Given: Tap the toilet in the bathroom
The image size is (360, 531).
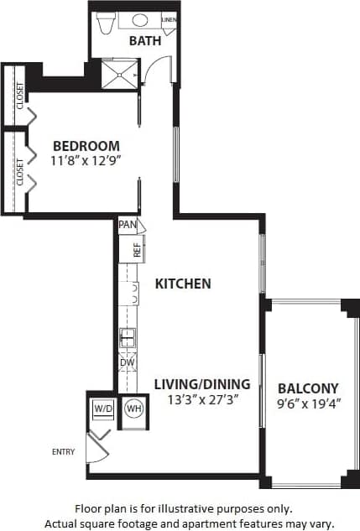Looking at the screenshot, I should [x=106, y=23].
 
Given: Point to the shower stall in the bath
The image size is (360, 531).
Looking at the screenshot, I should [x=118, y=73].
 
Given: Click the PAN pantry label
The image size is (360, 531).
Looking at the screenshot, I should [x=128, y=225].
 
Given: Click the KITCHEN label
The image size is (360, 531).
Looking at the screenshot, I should [x=183, y=284].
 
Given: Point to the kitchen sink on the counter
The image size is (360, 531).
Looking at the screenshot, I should [x=128, y=338].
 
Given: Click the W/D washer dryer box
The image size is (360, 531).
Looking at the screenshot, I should [x=103, y=409].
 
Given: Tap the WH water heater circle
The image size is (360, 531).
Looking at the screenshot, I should [x=133, y=409].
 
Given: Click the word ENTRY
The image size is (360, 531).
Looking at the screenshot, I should [x=63, y=452].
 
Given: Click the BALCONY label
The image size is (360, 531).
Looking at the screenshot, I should [x=308, y=388].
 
